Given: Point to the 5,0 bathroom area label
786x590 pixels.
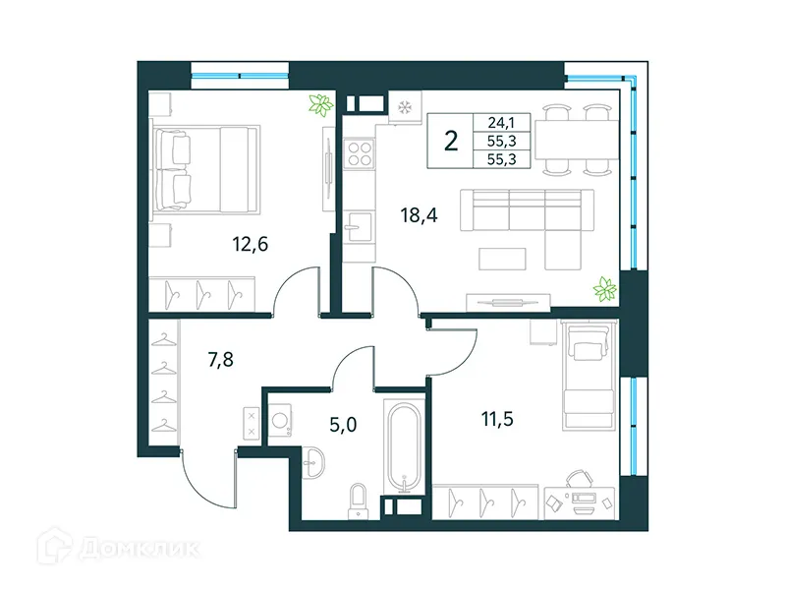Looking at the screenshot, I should tap(342, 426).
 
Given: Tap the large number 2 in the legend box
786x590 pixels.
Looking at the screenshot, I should tap(450, 142).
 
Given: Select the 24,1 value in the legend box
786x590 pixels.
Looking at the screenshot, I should tap(501, 123).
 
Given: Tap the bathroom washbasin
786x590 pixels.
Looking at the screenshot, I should tap(316, 459).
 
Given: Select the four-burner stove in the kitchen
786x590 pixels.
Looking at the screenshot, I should tap(360, 152).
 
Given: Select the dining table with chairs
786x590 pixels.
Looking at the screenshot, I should tap(582, 135).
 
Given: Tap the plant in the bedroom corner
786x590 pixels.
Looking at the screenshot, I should tap(319, 105).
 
